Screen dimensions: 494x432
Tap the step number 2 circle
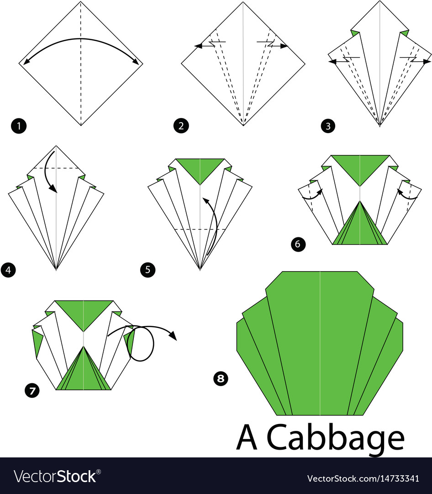pyautogui.click(x=181, y=126)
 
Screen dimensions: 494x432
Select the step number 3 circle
pyautogui.click(x=327, y=126)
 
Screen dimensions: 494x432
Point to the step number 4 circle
pyautogui.click(x=8, y=270)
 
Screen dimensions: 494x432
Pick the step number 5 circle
pyautogui.click(x=148, y=270)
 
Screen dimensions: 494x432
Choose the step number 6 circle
pyautogui.click(x=298, y=244)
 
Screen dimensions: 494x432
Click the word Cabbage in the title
pyautogui.click(x=336, y=438)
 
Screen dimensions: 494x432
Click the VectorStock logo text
pyautogui.click(x=55, y=477)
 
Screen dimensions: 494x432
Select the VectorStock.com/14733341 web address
pyautogui.click(x=363, y=478)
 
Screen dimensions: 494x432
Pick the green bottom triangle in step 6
pyautogui.click(x=360, y=226)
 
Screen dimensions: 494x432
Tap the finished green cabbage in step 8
pyautogui.click(x=320, y=343)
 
